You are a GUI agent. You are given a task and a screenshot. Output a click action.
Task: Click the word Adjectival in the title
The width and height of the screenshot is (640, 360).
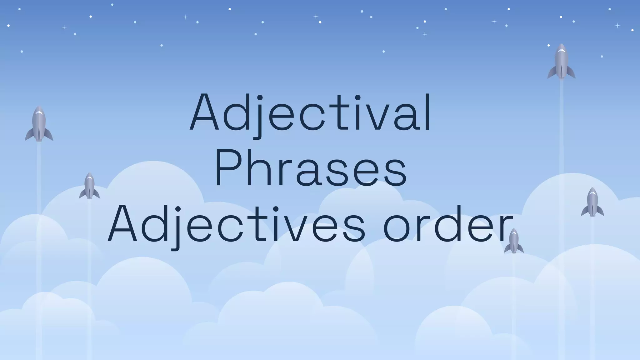(310, 112)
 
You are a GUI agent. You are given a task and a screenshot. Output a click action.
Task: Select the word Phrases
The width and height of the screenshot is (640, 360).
(310, 168)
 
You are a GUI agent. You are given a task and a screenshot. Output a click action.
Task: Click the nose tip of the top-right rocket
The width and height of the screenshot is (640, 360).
(561, 45)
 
